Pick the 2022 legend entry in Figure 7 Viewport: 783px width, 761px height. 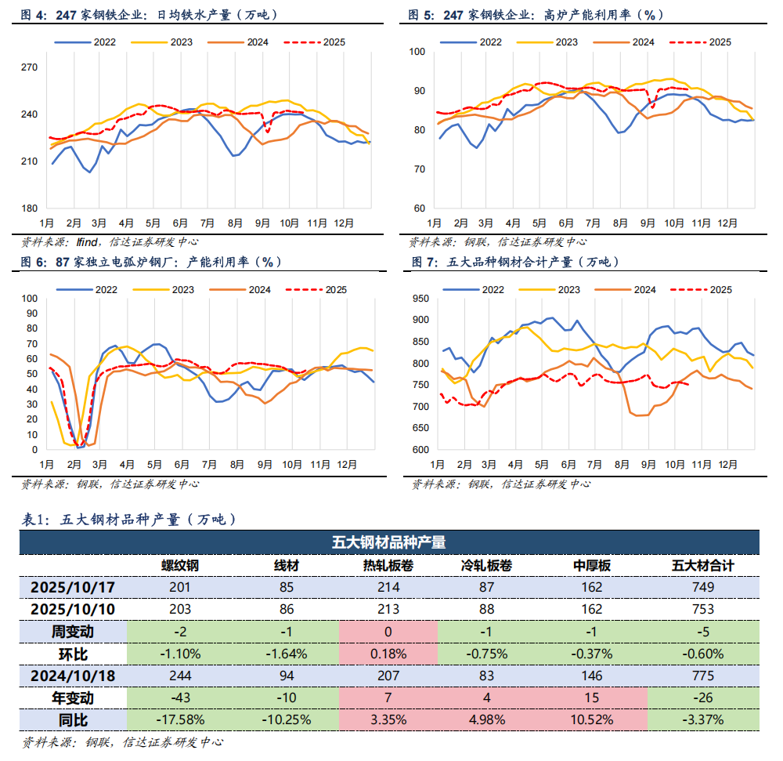click(493, 290)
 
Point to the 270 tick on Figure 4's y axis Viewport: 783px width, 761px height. click(30, 67)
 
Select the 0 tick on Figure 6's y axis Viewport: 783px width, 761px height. click(34, 450)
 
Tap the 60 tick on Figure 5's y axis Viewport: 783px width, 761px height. click(419, 208)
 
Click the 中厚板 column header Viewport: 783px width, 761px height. click(592, 566)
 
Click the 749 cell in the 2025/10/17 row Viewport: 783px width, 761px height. click(703, 587)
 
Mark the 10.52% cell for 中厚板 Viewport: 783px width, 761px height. click(592, 719)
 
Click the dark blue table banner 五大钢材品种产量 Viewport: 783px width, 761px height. click(389, 542)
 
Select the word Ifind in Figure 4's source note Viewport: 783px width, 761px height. click(87, 241)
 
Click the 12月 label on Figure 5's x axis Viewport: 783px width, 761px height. click(729, 223)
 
